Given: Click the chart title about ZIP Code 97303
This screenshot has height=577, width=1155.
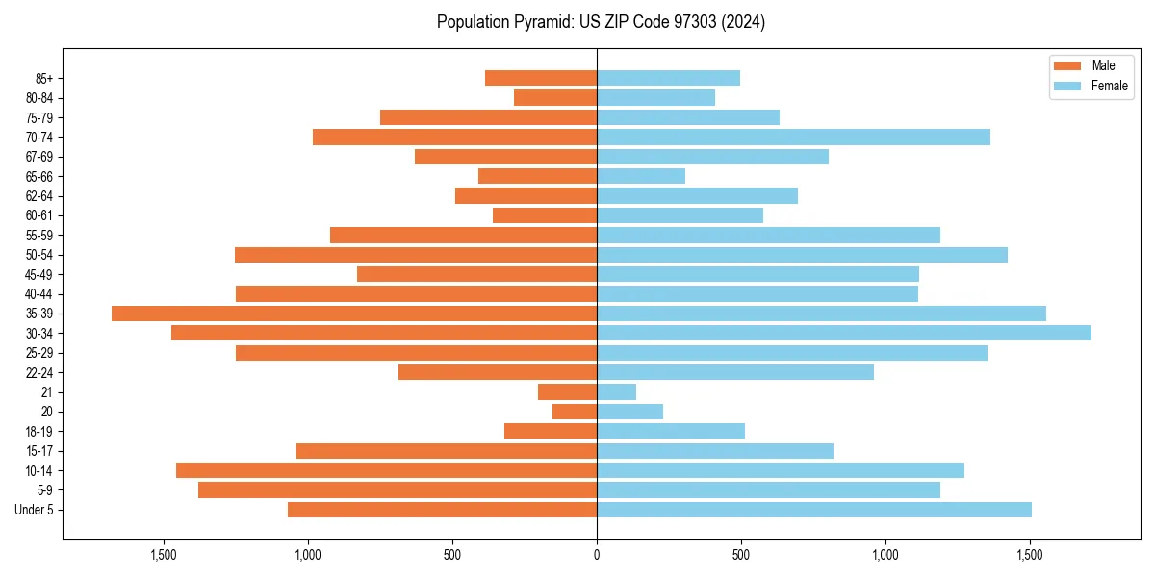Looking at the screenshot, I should pos(601,22).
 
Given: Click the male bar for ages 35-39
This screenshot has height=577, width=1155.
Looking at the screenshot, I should pos(354,314).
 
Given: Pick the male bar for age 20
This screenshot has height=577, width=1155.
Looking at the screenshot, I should pos(575,412).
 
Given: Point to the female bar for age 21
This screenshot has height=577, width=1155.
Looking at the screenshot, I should pos(617,391).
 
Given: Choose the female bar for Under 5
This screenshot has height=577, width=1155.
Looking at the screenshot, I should pos(814,510).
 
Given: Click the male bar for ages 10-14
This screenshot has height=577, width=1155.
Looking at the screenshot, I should pos(386,470).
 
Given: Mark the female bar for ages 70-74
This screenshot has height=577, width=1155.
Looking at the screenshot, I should pos(793,137).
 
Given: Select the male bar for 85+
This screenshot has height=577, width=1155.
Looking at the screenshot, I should pos(541,78).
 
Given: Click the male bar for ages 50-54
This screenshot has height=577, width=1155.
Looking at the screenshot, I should pos(416,255).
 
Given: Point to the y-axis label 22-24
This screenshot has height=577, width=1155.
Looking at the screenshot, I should pos(38,372).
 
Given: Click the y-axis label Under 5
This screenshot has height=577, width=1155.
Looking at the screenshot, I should pos(35,510).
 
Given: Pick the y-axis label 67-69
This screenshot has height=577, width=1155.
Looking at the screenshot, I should pos(38,157).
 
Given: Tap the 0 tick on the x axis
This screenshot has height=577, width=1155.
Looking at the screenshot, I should pos(597,555).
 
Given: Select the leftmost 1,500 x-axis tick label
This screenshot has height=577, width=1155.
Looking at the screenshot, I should pos(164,555).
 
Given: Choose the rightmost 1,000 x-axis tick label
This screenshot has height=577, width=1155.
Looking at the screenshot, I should pos(885,555).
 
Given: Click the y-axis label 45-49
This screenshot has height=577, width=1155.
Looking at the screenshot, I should pos(38,274).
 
